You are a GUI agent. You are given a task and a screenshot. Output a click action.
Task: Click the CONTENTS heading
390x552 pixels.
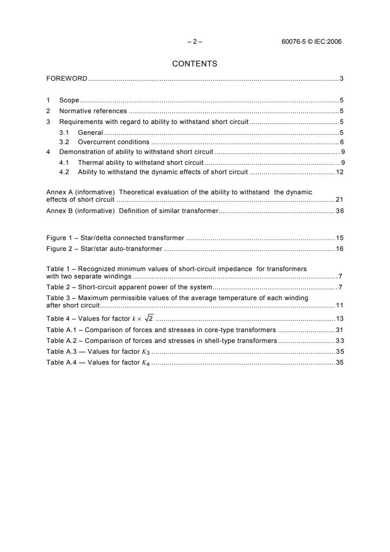195,64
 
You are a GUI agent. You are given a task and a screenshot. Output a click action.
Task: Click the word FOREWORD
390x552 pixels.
67,79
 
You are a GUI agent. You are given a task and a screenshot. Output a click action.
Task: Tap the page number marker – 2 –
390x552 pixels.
195,42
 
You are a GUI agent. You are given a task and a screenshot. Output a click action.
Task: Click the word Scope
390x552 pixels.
69,100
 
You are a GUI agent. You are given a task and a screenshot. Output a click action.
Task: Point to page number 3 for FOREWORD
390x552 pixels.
341,79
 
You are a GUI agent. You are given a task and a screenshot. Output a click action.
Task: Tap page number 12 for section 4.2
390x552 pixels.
339,172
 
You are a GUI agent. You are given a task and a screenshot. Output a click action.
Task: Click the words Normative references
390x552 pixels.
93,111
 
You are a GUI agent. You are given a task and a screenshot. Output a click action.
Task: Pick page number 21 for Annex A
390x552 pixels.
339,200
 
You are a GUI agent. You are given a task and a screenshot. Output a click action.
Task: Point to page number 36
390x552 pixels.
339,211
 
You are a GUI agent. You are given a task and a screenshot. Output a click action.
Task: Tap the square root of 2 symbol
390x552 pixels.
148,318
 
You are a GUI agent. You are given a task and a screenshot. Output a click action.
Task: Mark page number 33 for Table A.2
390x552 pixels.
339,341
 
